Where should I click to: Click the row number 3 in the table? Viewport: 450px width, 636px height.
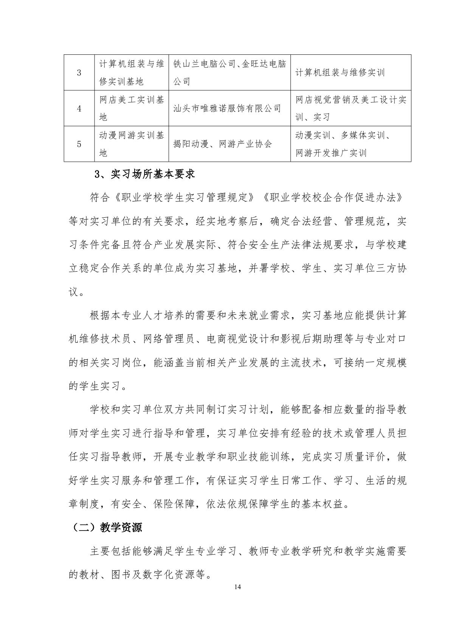[79, 73]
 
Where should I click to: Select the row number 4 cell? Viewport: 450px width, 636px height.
[79, 108]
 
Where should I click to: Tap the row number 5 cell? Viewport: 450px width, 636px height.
[79, 144]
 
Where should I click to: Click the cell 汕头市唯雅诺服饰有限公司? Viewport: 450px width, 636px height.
[227, 108]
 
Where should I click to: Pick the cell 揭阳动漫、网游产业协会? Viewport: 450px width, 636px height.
[222, 144]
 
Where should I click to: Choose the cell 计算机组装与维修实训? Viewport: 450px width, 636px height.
[340, 73]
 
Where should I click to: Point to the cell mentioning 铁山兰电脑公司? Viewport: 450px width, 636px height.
[229, 73]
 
